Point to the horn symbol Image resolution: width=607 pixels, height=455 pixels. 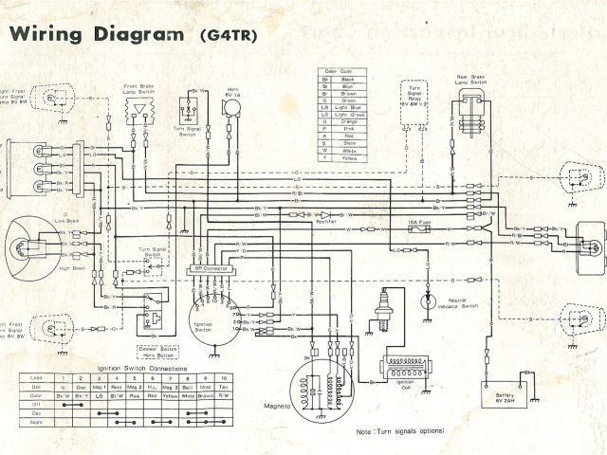point(231,108)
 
